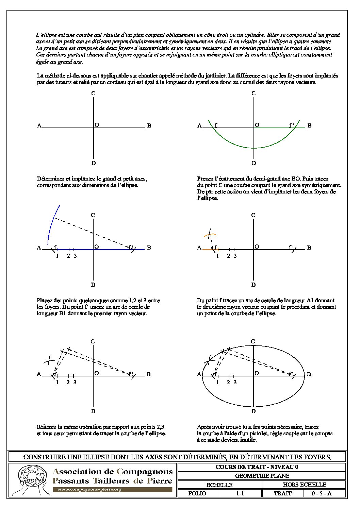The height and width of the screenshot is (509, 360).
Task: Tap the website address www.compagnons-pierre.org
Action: click(x=89, y=490)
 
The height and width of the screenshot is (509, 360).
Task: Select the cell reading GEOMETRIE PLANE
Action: click(x=262, y=476)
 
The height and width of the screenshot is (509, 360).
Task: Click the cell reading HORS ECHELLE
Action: click(x=304, y=485)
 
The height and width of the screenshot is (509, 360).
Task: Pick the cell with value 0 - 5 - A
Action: click(x=321, y=493)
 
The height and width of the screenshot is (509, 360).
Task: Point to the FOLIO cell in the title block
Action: click(x=197, y=493)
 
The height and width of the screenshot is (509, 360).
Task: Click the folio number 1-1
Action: click(x=240, y=493)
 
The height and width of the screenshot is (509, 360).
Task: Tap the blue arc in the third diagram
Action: click(x=52, y=221)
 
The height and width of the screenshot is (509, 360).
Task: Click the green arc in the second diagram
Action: click(x=253, y=148)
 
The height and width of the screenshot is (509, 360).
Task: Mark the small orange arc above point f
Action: click(x=210, y=234)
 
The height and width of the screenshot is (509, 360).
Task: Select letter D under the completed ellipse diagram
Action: click(x=253, y=411)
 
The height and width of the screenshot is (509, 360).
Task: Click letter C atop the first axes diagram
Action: click(x=93, y=93)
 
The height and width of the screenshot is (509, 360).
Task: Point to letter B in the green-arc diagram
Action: click(x=309, y=126)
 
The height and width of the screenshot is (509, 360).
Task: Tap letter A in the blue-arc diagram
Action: click(x=39, y=248)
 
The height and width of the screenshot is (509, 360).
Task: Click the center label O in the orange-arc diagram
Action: click(x=257, y=247)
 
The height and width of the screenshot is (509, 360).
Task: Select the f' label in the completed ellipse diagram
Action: click(x=291, y=374)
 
